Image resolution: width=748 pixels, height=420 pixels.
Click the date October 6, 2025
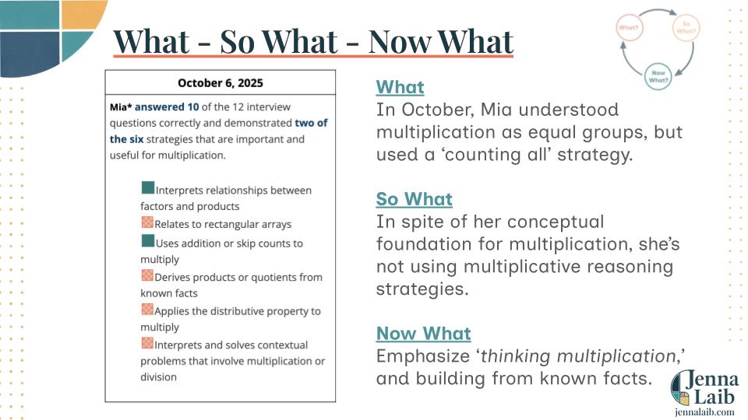(x=220, y=83)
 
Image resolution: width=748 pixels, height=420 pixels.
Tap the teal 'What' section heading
(x=400, y=87)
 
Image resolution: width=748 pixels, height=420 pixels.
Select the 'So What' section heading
(x=414, y=199)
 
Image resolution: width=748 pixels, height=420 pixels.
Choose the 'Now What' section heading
(x=424, y=334)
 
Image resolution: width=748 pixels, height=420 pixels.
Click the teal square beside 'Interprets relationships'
(x=148, y=187)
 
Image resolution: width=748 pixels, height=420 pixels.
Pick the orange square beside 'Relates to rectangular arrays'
(x=147, y=222)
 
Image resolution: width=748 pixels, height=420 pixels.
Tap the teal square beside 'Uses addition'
(x=148, y=240)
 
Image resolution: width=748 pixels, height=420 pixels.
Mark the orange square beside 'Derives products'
(x=147, y=275)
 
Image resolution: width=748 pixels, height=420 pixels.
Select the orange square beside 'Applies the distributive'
(x=147, y=309)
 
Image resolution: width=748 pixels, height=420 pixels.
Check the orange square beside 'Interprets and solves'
(x=147, y=343)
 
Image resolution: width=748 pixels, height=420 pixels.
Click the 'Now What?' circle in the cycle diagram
(x=658, y=76)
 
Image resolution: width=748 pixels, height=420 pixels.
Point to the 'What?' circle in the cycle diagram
(x=630, y=27)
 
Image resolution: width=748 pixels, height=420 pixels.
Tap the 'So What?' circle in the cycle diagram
(x=686, y=27)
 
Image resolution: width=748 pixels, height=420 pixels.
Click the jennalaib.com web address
(x=704, y=412)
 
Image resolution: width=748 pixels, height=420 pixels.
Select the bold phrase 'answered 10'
(x=167, y=107)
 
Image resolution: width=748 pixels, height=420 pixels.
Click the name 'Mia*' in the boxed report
(x=121, y=107)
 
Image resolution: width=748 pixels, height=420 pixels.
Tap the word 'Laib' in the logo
(x=714, y=396)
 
